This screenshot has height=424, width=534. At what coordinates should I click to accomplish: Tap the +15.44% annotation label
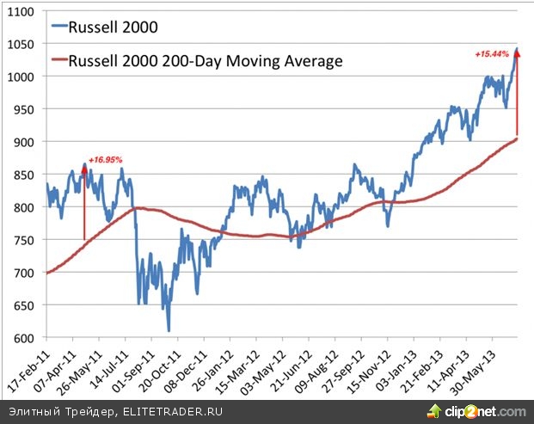click(x=492, y=53)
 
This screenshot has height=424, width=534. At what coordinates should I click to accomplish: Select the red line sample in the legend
click(x=58, y=61)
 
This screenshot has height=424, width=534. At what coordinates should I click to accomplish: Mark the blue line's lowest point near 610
click(x=169, y=330)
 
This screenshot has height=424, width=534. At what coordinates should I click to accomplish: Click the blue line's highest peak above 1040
click(x=517, y=48)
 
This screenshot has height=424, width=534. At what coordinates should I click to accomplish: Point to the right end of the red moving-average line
click(x=517, y=138)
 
